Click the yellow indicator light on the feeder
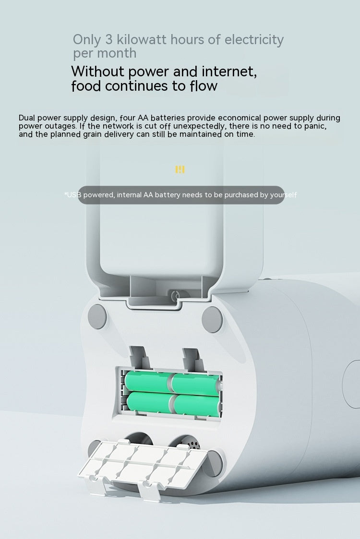(180, 169)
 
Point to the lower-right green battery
(197, 405)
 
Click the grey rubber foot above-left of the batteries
(97, 316)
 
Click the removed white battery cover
(142, 464)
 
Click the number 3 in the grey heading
(108, 39)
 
